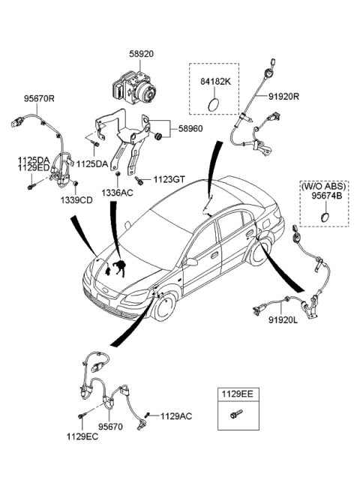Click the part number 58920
coord(142,55)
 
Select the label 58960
coord(188,128)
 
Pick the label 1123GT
coord(169,180)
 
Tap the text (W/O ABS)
coord(325,184)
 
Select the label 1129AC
coord(176,415)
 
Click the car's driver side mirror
coord(192,262)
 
